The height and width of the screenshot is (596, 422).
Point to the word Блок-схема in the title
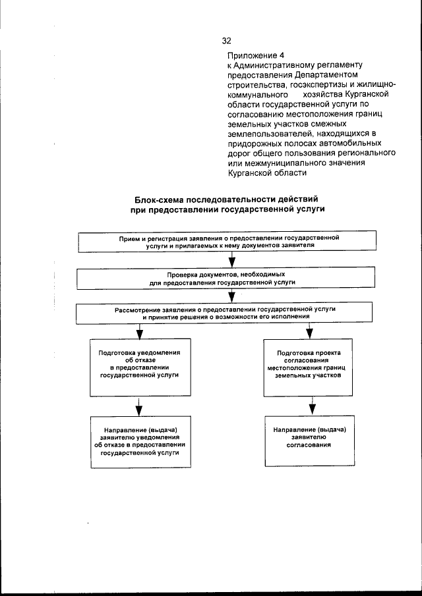coord(158,199)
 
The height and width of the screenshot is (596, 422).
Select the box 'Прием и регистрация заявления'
coord(229,240)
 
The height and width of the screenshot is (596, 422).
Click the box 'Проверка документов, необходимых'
coord(230,278)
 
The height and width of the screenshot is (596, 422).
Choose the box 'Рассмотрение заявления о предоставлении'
coord(230,313)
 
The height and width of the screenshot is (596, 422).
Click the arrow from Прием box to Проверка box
coord(231,259)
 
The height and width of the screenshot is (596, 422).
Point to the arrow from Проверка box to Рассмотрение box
coord(231,296)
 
